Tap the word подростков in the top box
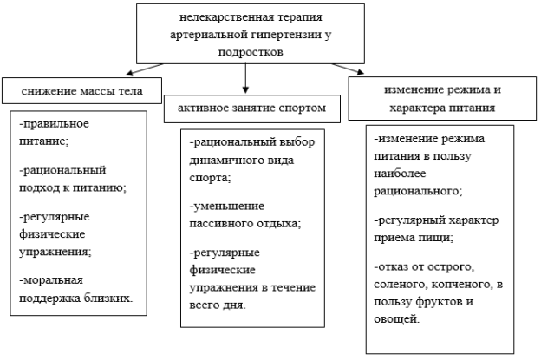[251, 52]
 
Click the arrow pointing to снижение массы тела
[145, 69]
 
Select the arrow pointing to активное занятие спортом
[245, 78]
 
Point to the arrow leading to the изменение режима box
[348, 69]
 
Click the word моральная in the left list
[52, 279]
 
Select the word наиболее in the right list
[400, 173]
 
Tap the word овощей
[397, 319]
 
